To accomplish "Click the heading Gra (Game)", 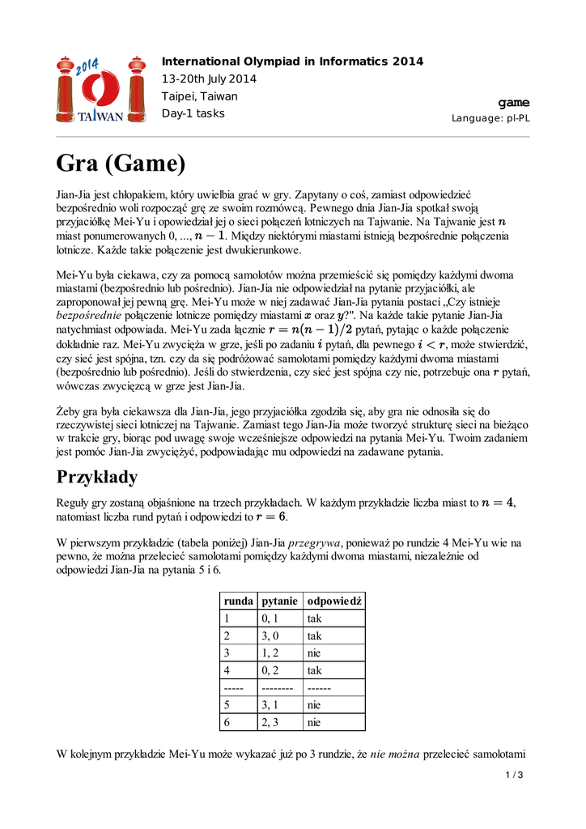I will tap(121, 164).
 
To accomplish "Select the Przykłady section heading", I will tap(97, 476).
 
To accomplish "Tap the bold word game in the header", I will tap(514, 103).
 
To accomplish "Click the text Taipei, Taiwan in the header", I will tap(200, 96).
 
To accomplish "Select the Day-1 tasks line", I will tap(193, 113).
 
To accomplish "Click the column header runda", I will tap(237, 601).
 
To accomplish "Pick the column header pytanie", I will tap(279, 601).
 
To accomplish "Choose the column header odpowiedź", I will tap(333, 601).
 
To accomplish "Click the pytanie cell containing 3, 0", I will tap(270, 636).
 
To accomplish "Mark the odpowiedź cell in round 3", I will tap(314, 653).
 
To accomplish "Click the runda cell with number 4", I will tap(227, 670).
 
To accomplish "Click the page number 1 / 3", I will tap(515, 776).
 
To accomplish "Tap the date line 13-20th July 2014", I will tap(209, 79).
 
